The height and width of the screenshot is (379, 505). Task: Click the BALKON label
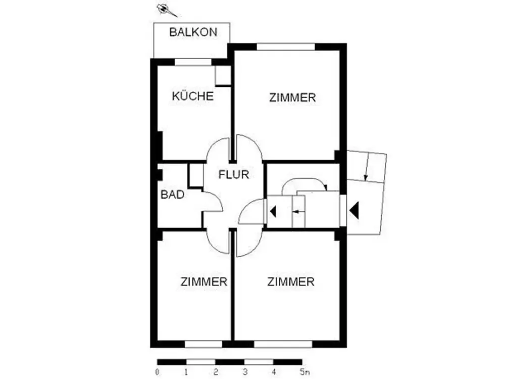[193, 32]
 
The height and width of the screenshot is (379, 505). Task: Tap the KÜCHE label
[192, 96]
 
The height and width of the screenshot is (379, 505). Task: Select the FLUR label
[233, 174]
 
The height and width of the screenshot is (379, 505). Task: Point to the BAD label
[172, 195]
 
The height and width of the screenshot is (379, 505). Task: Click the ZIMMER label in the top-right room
[292, 98]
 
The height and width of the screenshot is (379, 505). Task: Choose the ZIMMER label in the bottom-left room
[204, 281]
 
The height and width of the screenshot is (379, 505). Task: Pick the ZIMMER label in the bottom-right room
[291, 281]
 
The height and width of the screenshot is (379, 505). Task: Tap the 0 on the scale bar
[157, 372]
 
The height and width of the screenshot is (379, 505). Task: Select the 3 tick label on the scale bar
[245, 372]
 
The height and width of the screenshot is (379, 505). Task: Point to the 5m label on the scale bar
[305, 372]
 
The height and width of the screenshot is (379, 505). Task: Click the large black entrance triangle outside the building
[354, 211]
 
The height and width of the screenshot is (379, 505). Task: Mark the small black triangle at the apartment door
[273, 212]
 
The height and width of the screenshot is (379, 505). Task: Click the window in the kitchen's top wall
[193, 62]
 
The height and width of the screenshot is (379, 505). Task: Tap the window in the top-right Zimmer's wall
[285, 47]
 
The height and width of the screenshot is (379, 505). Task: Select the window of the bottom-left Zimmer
[204, 344]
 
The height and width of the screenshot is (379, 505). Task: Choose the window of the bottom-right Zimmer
[283, 344]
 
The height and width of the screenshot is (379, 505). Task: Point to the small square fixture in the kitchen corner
[223, 76]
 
